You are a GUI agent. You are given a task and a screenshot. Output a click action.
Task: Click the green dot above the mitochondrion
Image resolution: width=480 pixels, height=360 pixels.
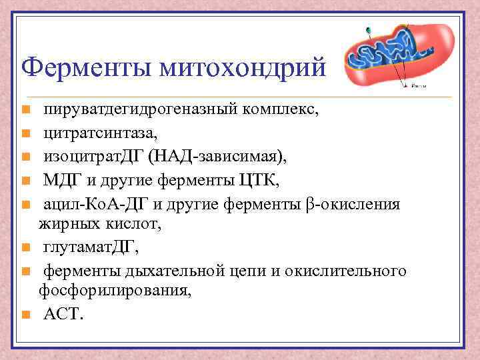pyautogui.click(x=368, y=29)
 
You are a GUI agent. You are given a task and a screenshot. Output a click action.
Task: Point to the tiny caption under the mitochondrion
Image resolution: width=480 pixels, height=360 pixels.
pyautogui.click(x=420, y=86)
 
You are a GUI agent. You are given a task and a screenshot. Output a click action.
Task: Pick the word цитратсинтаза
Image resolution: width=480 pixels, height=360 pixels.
pyautogui.click(x=101, y=133)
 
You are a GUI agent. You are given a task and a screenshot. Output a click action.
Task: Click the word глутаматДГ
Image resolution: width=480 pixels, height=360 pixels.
pyautogui.click(x=91, y=248)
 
